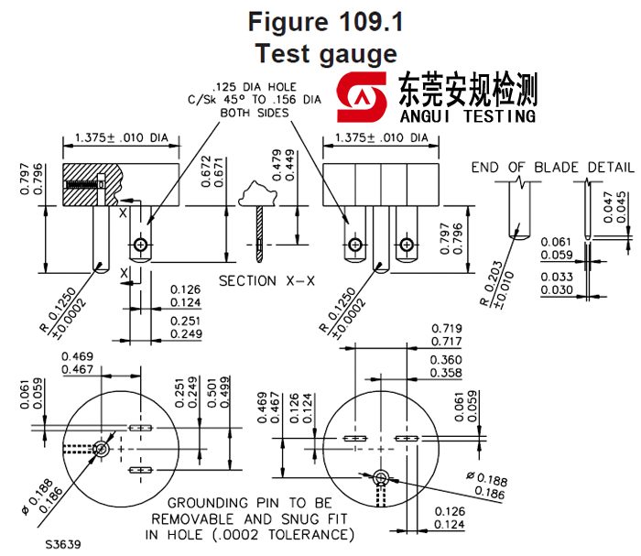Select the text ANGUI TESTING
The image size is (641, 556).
(x=467, y=116)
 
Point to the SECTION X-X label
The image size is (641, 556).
(x=266, y=280)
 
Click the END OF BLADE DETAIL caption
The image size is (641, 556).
(x=552, y=167)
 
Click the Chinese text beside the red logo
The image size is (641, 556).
(x=467, y=90)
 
